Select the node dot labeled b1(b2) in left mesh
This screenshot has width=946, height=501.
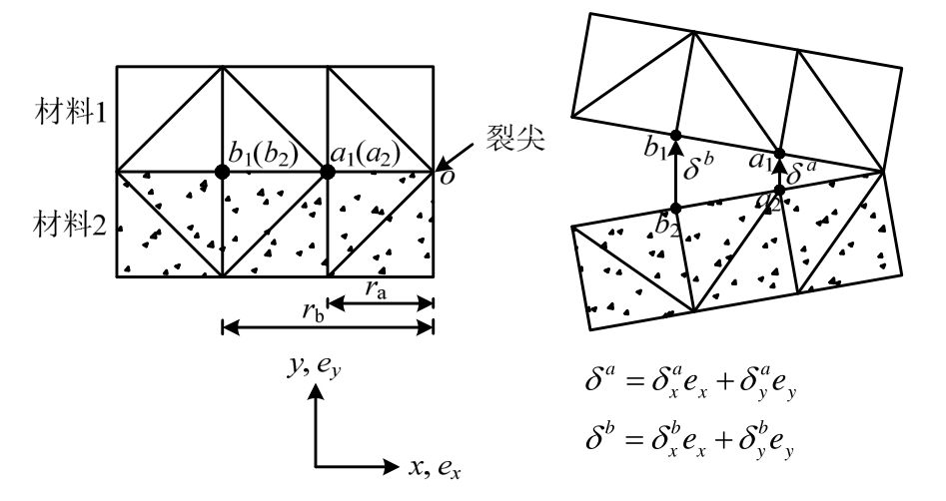pyautogui.click(x=222, y=173)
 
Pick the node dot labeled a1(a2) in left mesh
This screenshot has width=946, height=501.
pyautogui.click(x=327, y=173)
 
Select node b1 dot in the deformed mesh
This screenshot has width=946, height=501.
pyautogui.click(x=675, y=136)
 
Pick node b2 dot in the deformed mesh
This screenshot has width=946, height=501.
pyautogui.click(x=675, y=208)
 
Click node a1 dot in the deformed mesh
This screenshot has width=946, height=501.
pyautogui.click(x=780, y=156)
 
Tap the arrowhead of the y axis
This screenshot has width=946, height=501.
pyautogui.click(x=318, y=393)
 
